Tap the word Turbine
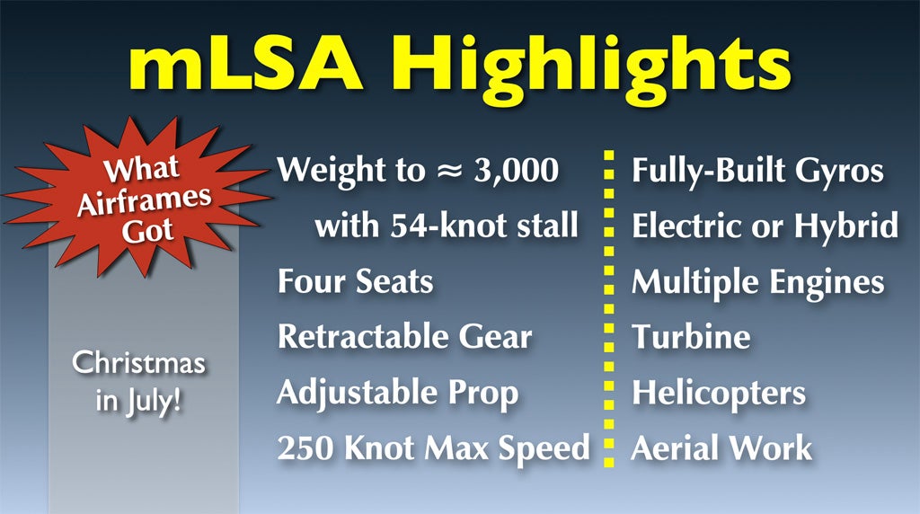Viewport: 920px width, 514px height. pyautogui.click(x=691, y=337)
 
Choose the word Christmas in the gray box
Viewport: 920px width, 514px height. pyautogui.click(x=139, y=362)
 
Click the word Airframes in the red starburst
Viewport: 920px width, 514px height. pyautogui.click(x=144, y=201)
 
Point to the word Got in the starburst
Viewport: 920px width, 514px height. pyautogui.click(x=147, y=231)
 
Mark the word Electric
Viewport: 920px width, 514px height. pyautogui.click(x=687, y=226)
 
